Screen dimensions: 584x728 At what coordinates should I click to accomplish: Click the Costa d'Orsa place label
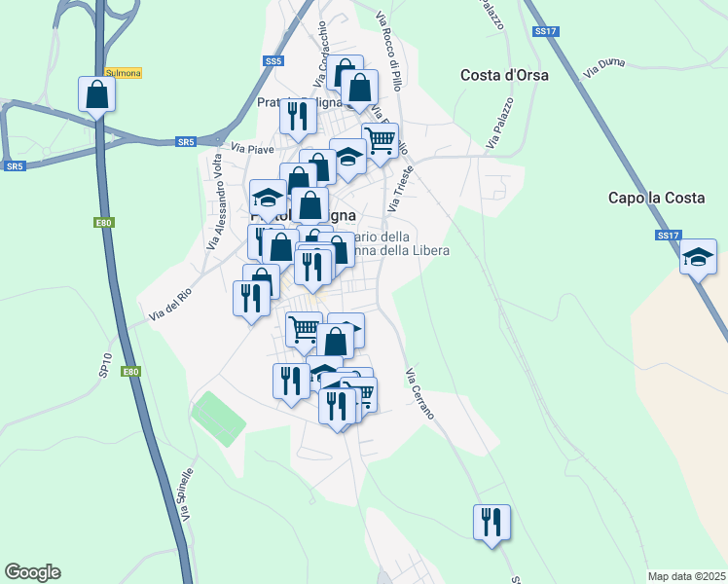pos(504,75)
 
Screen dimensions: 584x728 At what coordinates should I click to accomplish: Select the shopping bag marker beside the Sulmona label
pos(96,94)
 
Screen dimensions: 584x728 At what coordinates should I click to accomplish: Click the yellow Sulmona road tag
pos(124,73)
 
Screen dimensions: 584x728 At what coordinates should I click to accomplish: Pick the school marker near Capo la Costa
pos(698,258)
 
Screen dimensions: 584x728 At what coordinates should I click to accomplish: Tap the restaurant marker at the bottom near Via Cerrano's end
pos(491,523)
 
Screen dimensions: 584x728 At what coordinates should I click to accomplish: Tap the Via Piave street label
pos(252,149)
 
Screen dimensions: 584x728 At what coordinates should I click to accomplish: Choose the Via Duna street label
pos(603,67)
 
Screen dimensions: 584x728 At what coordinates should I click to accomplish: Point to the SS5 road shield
pos(273,60)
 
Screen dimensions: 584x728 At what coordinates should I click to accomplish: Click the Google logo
pos(32,572)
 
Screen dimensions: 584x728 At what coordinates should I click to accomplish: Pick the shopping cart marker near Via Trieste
pos(380,139)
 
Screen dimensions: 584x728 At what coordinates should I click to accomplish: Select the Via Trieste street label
pos(401,189)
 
